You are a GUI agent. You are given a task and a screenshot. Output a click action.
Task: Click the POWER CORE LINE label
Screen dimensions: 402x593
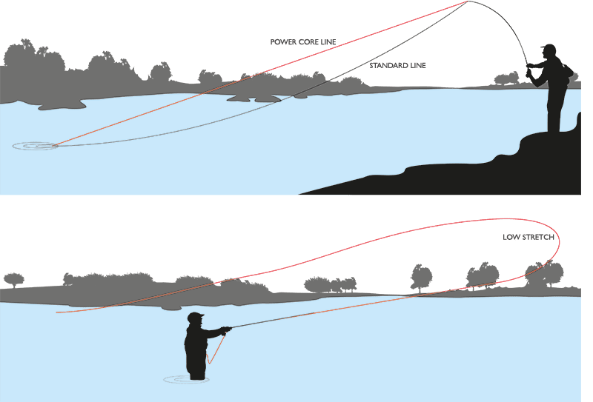coord(302,42)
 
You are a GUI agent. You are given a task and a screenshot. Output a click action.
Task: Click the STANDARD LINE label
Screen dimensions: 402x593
coord(397,65)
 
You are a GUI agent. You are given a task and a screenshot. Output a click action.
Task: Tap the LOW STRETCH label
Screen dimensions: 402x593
coord(528,238)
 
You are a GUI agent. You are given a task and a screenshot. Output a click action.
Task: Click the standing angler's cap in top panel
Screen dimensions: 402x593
coord(548,48)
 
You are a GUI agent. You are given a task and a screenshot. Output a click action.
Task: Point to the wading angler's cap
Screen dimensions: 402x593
coord(195,317)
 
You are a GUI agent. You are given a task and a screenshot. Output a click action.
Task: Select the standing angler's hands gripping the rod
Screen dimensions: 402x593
coord(531,70)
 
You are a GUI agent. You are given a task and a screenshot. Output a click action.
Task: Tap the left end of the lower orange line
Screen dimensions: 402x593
coord(58,312)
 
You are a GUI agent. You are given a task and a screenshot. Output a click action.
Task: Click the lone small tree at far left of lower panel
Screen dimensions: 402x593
coord(13,280)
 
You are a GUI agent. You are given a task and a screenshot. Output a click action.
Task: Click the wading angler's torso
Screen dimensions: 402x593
coord(196,344)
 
